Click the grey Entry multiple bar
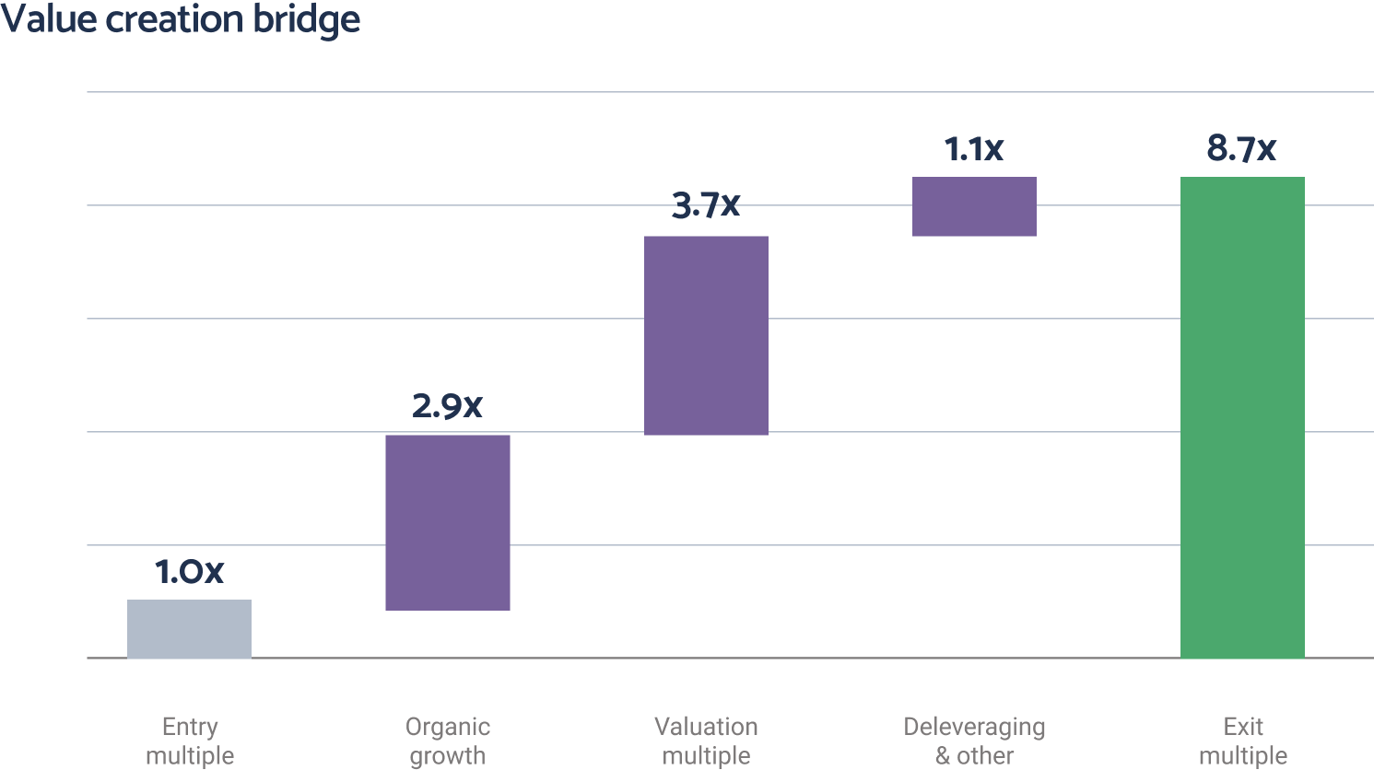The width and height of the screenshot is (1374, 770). click(x=189, y=629)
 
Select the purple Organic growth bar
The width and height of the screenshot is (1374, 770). click(x=448, y=522)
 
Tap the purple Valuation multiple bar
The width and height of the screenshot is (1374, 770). click(x=706, y=335)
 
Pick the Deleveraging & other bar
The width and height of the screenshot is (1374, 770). click(x=974, y=206)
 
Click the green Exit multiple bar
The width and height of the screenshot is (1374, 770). click(x=1242, y=417)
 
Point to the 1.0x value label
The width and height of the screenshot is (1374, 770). click(x=189, y=572)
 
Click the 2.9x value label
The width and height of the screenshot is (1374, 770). click(x=447, y=405)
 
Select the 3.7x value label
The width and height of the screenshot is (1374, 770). click(x=706, y=205)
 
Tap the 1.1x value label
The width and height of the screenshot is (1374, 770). click(x=974, y=148)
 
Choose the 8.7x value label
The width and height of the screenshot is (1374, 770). click(x=1241, y=148)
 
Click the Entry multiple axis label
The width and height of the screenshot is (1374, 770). click(x=190, y=741)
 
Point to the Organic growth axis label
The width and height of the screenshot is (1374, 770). click(x=448, y=741)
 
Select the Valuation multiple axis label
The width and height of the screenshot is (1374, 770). click(x=706, y=741)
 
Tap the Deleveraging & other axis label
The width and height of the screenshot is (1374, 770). click(x=974, y=741)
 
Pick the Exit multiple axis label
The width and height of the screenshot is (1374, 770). click(x=1242, y=741)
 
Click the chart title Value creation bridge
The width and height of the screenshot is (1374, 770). click(x=180, y=19)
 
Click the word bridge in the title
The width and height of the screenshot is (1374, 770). click(x=308, y=20)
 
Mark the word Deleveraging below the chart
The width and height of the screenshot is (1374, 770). click(x=974, y=727)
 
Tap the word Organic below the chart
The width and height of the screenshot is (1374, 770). click(x=448, y=727)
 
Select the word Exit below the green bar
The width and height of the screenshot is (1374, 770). click(x=1242, y=726)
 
